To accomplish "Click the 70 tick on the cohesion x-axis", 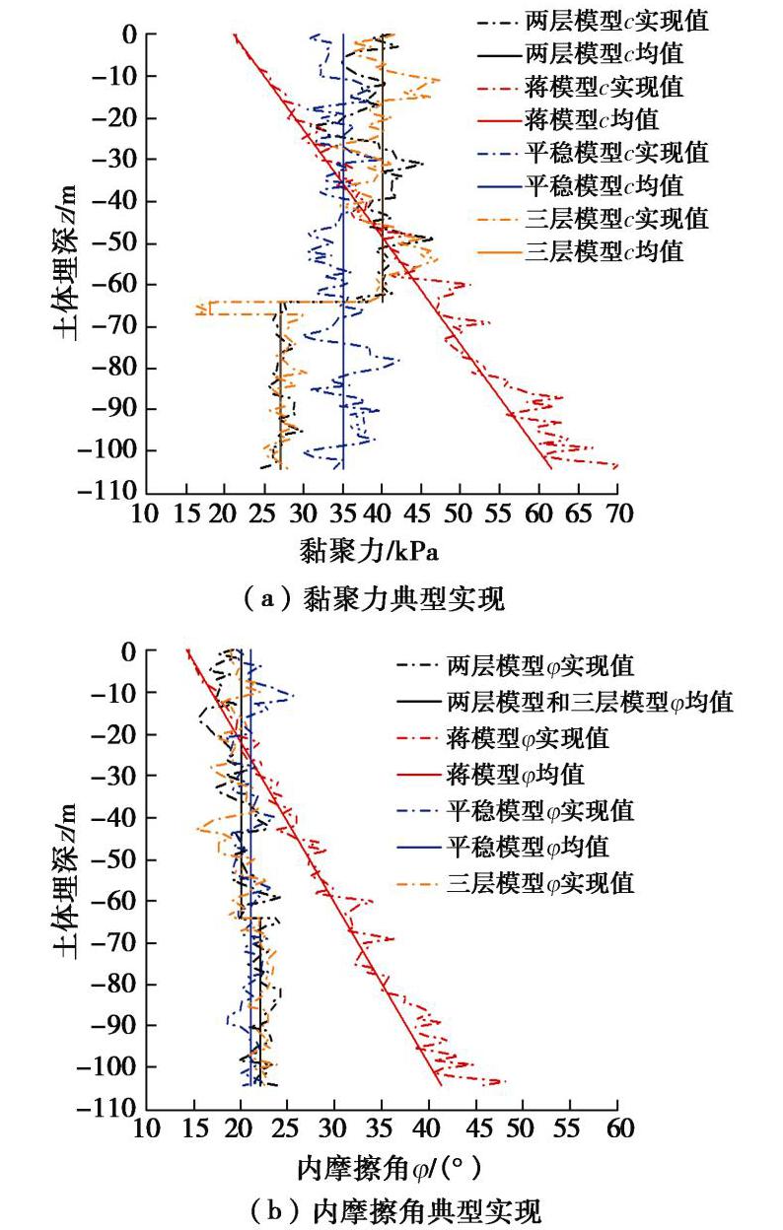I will click(618, 514).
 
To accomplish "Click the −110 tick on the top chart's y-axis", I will click(115, 491).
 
